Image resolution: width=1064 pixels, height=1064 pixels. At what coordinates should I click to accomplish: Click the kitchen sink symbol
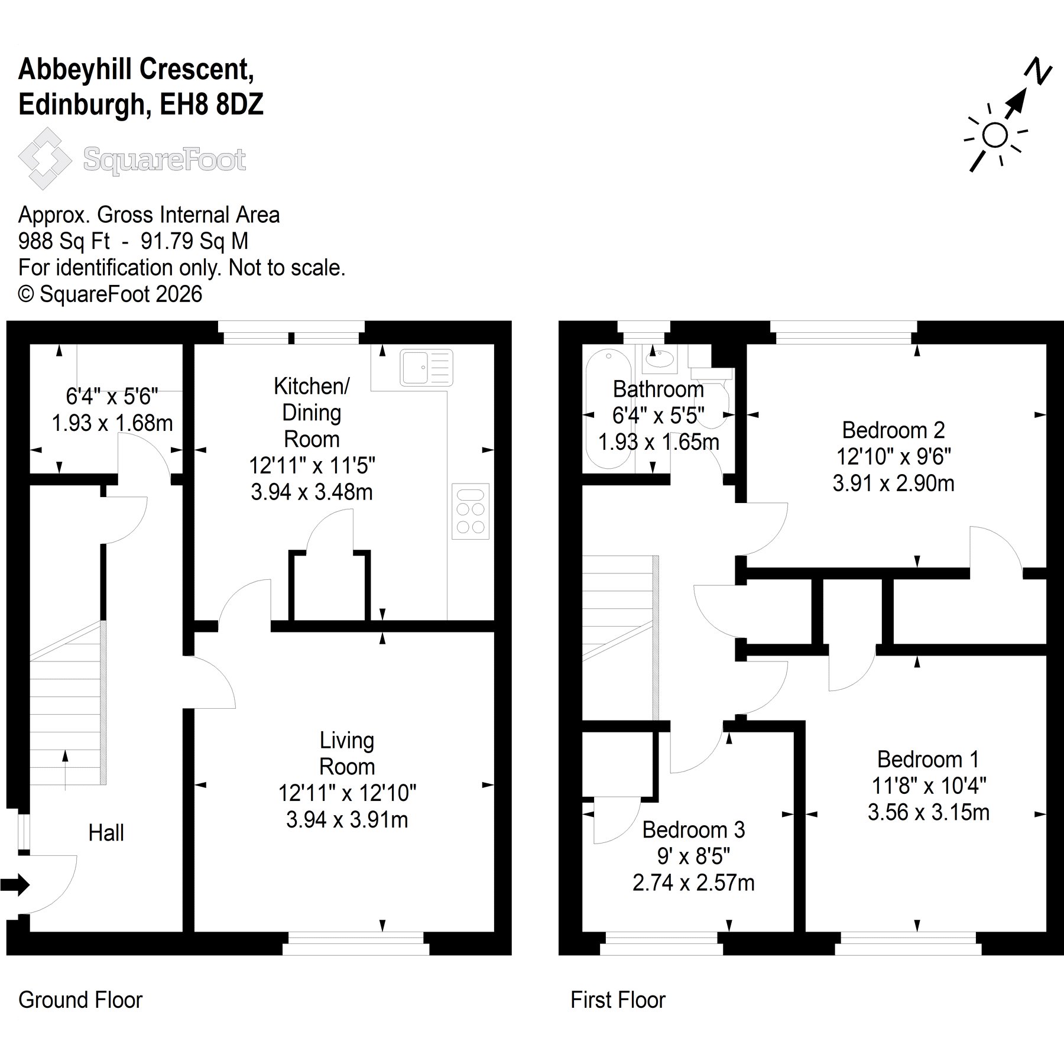tap(426, 367)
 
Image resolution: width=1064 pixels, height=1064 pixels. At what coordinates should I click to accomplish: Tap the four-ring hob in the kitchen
tap(471, 511)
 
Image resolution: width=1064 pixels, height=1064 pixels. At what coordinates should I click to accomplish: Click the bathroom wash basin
tap(659, 358)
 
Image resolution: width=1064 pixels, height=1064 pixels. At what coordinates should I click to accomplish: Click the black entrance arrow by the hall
tap(15, 884)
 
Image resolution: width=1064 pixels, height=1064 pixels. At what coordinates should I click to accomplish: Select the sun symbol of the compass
tap(995, 135)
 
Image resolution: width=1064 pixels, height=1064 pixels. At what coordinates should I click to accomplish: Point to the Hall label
tap(106, 833)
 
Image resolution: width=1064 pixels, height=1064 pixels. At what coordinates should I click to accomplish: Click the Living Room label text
tap(347, 753)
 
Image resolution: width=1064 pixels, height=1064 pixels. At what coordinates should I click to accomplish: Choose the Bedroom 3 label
tap(693, 830)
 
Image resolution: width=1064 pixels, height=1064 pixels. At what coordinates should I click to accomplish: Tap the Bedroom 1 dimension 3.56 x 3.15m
tap(929, 812)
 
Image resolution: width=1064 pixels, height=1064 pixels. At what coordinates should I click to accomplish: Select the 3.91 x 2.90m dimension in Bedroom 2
tap(893, 484)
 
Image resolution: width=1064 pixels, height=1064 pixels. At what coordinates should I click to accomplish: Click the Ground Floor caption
tap(80, 1000)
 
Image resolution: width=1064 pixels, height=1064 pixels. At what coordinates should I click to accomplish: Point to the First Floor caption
tap(618, 1000)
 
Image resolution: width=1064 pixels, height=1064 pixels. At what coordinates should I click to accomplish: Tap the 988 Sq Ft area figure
tap(64, 241)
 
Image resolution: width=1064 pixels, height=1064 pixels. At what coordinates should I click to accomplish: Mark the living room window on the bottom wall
tap(356, 943)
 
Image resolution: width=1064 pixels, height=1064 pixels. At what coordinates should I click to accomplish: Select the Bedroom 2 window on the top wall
tap(844, 332)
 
